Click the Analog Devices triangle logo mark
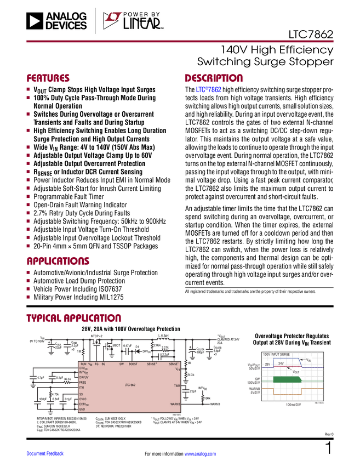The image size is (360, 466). [35, 21]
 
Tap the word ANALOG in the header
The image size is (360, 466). [66, 16]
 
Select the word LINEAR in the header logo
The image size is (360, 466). [141, 24]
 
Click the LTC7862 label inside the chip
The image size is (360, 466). [129, 385]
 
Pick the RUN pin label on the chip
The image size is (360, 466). [83, 364]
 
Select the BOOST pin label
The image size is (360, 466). [133, 364]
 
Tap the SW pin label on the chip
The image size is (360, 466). [121, 364]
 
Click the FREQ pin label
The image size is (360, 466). [83, 382]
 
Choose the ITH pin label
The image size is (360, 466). [82, 388]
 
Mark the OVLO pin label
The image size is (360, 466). [83, 399]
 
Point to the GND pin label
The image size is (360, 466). [82, 410]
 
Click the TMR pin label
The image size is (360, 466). [176, 386]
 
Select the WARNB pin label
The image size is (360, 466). [175, 404]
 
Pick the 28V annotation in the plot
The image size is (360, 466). [268, 364]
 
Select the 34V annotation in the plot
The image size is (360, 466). [282, 363]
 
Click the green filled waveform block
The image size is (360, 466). [285, 379]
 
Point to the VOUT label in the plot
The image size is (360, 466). [296, 372]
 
